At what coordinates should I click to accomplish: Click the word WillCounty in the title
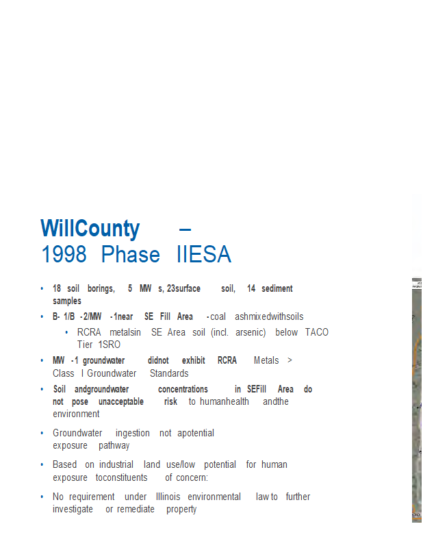pos(90,229)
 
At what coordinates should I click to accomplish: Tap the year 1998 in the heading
pos(64,254)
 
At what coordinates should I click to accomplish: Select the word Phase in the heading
pos(130,254)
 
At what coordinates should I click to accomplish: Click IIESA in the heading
pos(204,254)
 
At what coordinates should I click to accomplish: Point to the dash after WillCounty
pos(185,229)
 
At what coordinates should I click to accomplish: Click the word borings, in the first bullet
pos(101,288)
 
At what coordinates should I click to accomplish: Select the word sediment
pos(277,288)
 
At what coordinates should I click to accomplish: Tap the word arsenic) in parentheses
pos(251,332)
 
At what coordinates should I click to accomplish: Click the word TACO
pos(317,332)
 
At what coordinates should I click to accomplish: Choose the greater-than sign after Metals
pos(290,360)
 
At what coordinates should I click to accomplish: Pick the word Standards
pos(169,373)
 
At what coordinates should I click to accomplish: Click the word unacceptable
pos(121,402)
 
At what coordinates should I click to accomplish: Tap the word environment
pos(76,414)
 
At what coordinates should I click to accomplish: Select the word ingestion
pos(132,434)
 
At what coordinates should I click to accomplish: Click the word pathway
pos(114,446)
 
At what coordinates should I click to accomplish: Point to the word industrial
pos(116,464)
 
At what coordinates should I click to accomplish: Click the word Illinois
pos(168,497)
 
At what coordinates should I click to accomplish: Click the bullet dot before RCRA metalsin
pos(66,332)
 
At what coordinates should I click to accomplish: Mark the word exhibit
pos(194,360)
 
